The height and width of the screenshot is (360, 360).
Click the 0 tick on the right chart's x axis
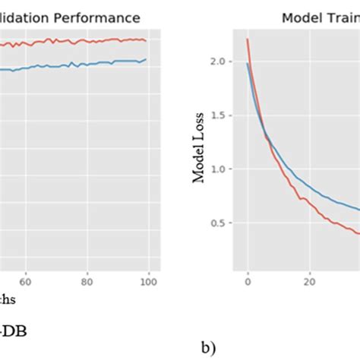pos(247,281)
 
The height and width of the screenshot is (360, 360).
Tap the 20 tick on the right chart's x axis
pos(309,281)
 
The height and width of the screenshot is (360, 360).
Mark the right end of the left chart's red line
pos(147,41)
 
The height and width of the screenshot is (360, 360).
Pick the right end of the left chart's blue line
pos(147,59)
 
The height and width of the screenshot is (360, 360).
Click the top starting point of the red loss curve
pos(247,39)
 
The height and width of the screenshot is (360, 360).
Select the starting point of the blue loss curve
pos(247,64)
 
